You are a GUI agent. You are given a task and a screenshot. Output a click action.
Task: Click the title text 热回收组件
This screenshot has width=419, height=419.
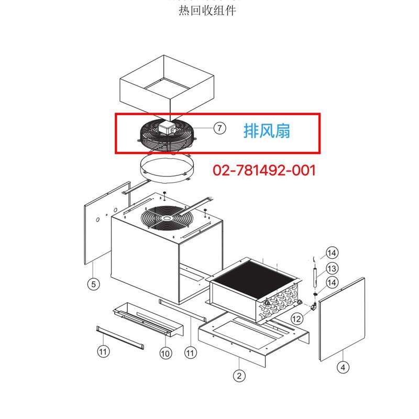(x=207, y=10)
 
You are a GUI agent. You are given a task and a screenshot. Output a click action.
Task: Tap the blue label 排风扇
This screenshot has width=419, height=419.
(x=267, y=130)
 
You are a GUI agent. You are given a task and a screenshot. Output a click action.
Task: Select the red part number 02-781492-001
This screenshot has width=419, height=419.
(x=264, y=170)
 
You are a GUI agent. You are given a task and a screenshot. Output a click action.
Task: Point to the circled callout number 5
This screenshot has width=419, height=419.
(x=93, y=284)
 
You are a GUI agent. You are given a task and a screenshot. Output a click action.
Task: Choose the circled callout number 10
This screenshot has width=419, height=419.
(x=166, y=354)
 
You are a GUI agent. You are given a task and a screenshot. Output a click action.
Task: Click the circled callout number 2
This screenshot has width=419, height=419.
(x=239, y=375)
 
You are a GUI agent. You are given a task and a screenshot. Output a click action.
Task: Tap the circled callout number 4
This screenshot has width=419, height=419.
(x=343, y=367)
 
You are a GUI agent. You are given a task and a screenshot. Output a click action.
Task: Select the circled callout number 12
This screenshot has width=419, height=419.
(x=297, y=318)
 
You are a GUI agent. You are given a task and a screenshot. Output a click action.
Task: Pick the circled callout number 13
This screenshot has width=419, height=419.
(x=332, y=269)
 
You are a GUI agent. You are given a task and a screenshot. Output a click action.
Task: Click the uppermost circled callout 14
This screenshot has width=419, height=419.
(x=332, y=252)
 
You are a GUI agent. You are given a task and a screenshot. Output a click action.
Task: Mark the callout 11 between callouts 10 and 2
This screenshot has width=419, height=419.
(x=190, y=354)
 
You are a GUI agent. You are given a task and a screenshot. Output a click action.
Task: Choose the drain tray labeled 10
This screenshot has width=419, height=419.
(x=148, y=320)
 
